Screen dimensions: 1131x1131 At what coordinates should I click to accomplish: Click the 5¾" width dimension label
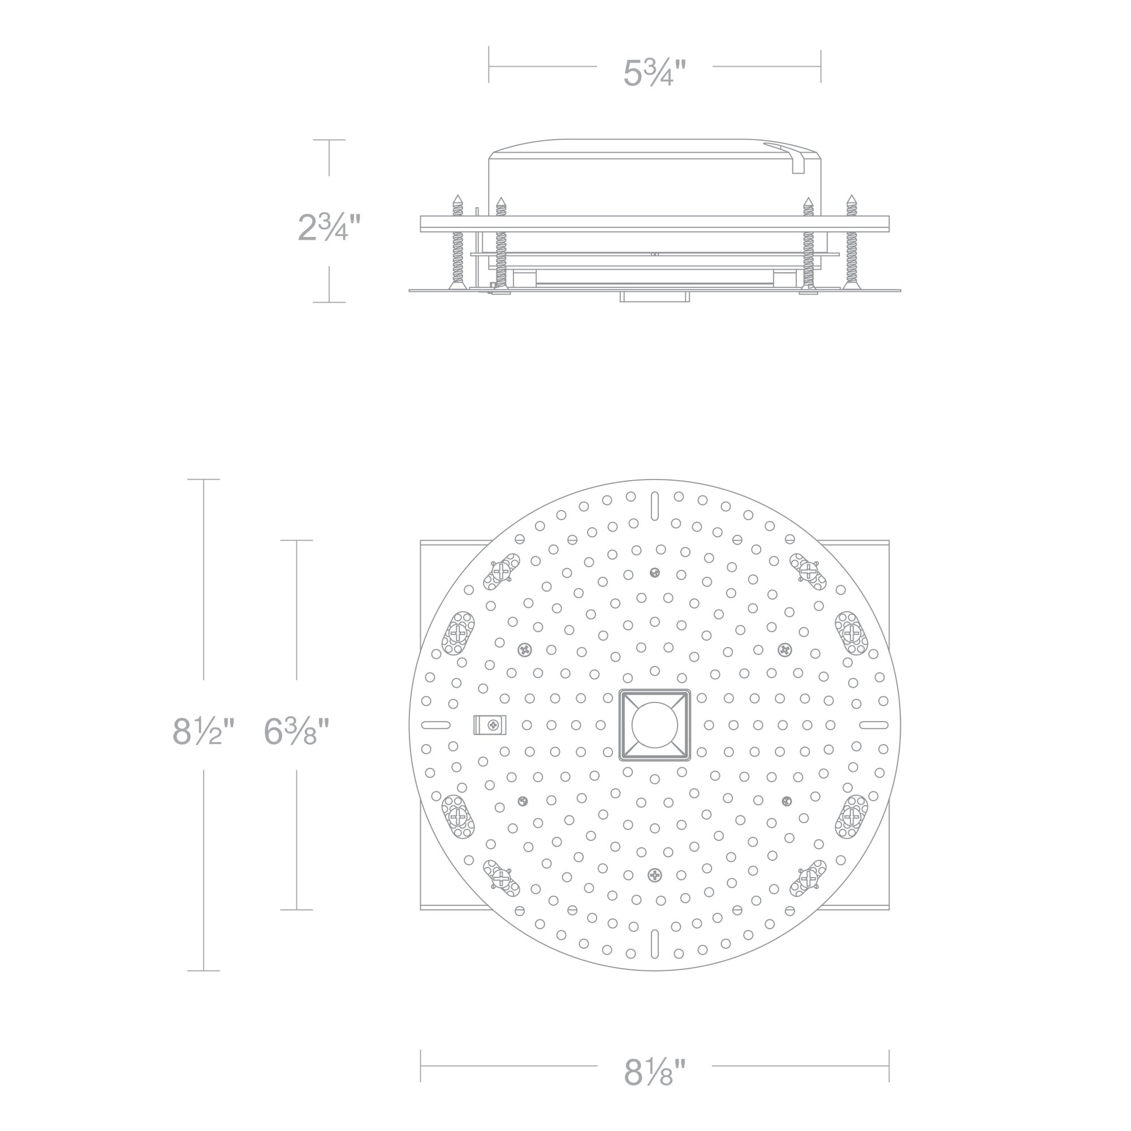(x=654, y=73)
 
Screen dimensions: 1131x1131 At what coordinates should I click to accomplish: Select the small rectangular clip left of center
(x=489, y=726)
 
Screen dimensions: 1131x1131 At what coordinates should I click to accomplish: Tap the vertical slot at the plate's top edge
(x=654, y=506)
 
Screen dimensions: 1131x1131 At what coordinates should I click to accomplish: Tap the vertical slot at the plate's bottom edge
(x=654, y=944)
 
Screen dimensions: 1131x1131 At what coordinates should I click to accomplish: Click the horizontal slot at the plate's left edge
(x=435, y=726)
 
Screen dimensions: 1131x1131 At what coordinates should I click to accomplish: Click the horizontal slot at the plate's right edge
(x=874, y=726)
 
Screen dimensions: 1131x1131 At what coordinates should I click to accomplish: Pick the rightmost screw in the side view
(x=851, y=243)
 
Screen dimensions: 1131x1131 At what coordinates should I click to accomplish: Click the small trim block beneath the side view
(x=654, y=296)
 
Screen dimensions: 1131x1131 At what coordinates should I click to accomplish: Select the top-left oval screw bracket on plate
(x=502, y=571)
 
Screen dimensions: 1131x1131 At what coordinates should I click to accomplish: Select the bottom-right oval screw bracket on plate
(x=808, y=878)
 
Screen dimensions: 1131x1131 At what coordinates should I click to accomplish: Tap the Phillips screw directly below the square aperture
(x=654, y=876)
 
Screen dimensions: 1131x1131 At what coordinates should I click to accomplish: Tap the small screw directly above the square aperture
(x=654, y=572)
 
